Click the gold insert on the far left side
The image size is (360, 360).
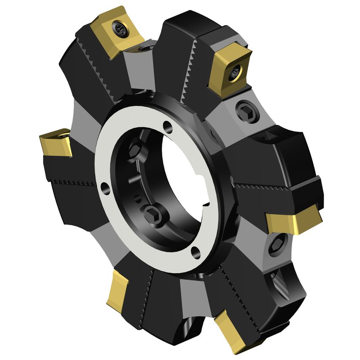(55, 142)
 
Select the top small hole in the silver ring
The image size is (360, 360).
(168, 126)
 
